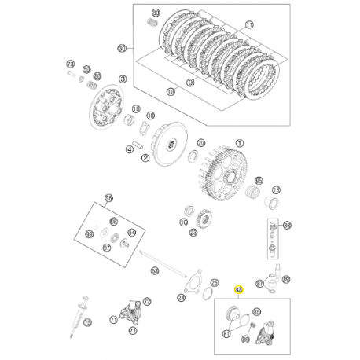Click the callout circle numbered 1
click(241, 145)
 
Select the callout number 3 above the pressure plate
click(123, 79)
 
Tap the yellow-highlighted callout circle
click(239, 289)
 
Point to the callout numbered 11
click(249, 25)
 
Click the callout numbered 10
click(171, 92)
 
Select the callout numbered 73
click(70, 64)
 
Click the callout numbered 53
click(155, 271)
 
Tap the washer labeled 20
click(147, 127)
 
